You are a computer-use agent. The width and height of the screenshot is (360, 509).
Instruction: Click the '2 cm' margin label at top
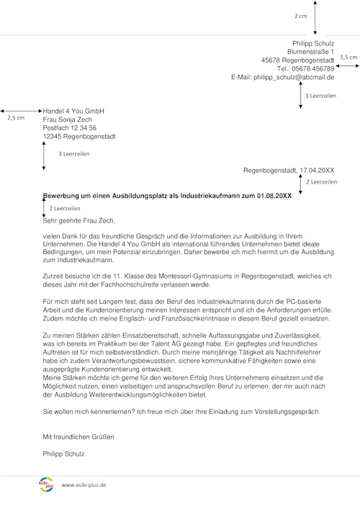(300, 15)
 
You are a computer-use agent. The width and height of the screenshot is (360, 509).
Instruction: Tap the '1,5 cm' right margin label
(348, 57)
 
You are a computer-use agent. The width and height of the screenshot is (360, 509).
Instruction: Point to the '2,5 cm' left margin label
(15, 117)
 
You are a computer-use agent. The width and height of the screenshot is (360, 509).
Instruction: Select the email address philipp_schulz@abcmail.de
(294, 77)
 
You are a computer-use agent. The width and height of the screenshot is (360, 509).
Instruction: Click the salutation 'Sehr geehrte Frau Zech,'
(78, 221)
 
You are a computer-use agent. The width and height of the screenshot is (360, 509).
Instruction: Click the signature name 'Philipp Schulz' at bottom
(63, 454)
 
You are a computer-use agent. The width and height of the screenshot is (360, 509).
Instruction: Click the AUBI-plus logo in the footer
(45, 483)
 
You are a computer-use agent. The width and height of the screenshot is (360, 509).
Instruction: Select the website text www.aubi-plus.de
(84, 485)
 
